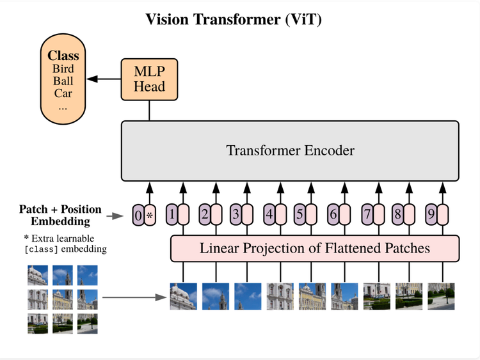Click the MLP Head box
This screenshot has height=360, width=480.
(x=149, y=79)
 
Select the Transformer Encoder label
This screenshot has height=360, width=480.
(x=290, y=151)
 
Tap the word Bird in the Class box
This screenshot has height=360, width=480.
(x=63, y=69)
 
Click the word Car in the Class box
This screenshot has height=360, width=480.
(x=63, y=93)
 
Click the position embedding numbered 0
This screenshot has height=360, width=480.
(x=138, y=216)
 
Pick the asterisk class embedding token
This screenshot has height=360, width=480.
(x=150, y=216)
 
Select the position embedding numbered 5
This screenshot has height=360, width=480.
(x=300, y=215)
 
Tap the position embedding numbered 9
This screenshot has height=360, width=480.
(x=432, y=215)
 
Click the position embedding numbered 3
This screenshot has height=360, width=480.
(x=236, y=215)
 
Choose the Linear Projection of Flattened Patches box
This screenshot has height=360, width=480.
(x=315, y=248)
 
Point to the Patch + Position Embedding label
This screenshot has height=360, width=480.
(x=60, y=215)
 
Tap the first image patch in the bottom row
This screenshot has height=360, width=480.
(x=183, y=297)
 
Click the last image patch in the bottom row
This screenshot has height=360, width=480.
(x=442, y=297)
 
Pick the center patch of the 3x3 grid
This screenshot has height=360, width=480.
(x=63, y=299)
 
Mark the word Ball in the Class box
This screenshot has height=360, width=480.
(x=63, y=81)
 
